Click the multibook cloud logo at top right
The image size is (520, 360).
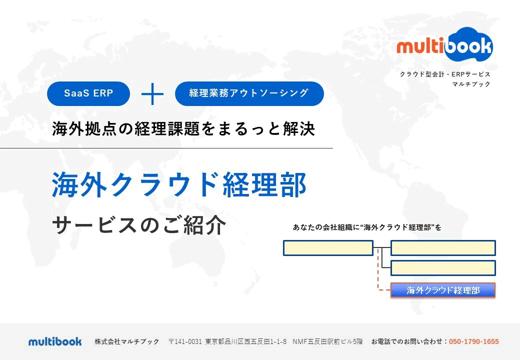tap(444, 45)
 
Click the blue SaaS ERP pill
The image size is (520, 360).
tap(88, 93)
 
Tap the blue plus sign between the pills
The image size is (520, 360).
tap(152, 94)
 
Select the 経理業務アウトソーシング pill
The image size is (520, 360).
tap(249, 93)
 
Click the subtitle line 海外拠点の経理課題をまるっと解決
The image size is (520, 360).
tap(183, 128)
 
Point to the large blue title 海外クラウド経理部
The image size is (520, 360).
tap(179, 184)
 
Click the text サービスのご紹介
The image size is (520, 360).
tap(139, 225)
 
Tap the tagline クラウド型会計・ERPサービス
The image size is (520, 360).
tap(444, 74)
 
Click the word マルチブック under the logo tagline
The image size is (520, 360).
tap(471, 84)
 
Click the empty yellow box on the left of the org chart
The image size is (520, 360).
tap(328, 248)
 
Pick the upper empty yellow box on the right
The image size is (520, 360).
tap(443, 248)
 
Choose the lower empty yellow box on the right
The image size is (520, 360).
tap(443, 268)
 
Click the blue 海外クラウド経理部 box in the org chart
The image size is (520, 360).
tap(443, 290)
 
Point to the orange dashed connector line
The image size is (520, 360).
tap(378, 269)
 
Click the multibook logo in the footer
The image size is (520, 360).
tap(55, 341)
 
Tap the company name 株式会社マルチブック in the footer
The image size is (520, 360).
tap(127, 341)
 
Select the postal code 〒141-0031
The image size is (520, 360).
tap(185, 341)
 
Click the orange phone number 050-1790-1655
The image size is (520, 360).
tap(474, 341)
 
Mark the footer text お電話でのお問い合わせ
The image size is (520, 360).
tap(407, 341)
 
